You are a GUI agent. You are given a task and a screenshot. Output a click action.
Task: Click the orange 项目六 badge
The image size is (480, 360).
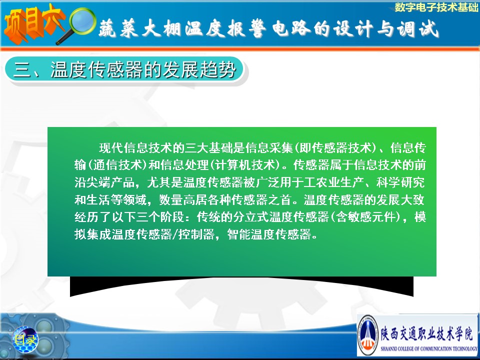(33, 24)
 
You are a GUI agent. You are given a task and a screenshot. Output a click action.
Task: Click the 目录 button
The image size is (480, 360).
(25, 339)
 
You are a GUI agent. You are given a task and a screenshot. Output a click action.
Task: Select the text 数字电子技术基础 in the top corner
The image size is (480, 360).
(436, 7)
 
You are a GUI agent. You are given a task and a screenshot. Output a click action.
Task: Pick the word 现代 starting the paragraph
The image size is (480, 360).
(111, 148)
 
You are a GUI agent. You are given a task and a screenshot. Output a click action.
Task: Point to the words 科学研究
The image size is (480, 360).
(400, 182)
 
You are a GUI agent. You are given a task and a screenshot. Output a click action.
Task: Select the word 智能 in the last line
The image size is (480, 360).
(239, 234)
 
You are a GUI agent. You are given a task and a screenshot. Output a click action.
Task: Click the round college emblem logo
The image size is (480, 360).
(367, 335)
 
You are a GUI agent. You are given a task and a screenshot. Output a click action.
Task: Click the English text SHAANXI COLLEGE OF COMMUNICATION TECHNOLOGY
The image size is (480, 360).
(428, 348)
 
